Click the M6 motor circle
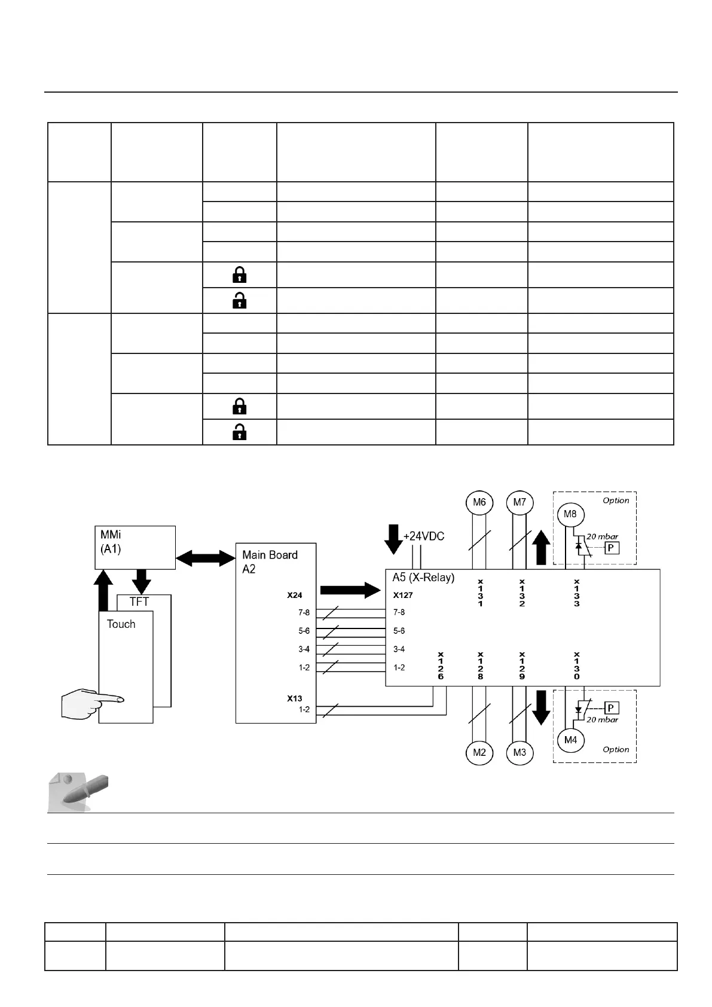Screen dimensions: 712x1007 pyautogui.click(x=479, y=502)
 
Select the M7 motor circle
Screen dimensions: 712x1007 pyautogui.click(x=520, y=502)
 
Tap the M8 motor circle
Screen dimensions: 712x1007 pyautogui.click(x=570, y=514)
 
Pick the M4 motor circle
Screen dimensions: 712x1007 pyautogui.click(x=570, y=740)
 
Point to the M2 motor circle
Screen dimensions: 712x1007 pyautogui.click(x=479, y=752)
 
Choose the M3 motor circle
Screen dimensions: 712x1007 pyautogui.click(x=520, y=752)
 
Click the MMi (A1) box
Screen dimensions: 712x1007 pyautogui.click(x=135, y=547)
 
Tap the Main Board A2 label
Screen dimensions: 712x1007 pyautogui.click(x=270, y=562)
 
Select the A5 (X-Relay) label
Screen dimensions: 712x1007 pyautogui.click(x=423, y=578)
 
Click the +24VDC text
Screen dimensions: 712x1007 pyautogui.click(x=424, y=536)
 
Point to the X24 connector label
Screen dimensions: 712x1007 pyautogui.click(x=295, y=596)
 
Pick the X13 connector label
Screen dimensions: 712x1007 pyautogui.click(x=295, y=698)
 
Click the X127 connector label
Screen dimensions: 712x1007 pyautogui.click(x=403, y=596)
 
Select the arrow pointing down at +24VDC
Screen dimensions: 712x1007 pyautogui.click(x=393, y=539)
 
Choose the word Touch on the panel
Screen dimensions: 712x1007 pyautogui.click(x=121, y=624)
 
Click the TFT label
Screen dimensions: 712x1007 pyautogui.click(x=139, y=602)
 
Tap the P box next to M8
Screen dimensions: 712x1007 pyautogui.click(x=611, y=547)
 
